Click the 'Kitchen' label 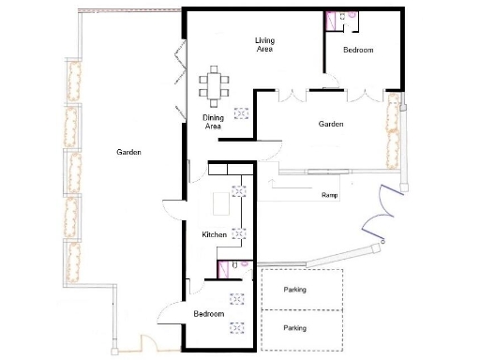[x=216, y=234]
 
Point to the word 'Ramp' [x=329, y=196]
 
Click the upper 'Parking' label [x=295, y=290]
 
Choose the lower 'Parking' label [x=295, y=328]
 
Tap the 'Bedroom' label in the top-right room [x=359, y=49]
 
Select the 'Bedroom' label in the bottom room [x=209, y=314]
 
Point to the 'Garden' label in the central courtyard [x=331, y=124]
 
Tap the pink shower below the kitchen [x=225, y=270]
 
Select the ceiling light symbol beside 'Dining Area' [x=242, y=112]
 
